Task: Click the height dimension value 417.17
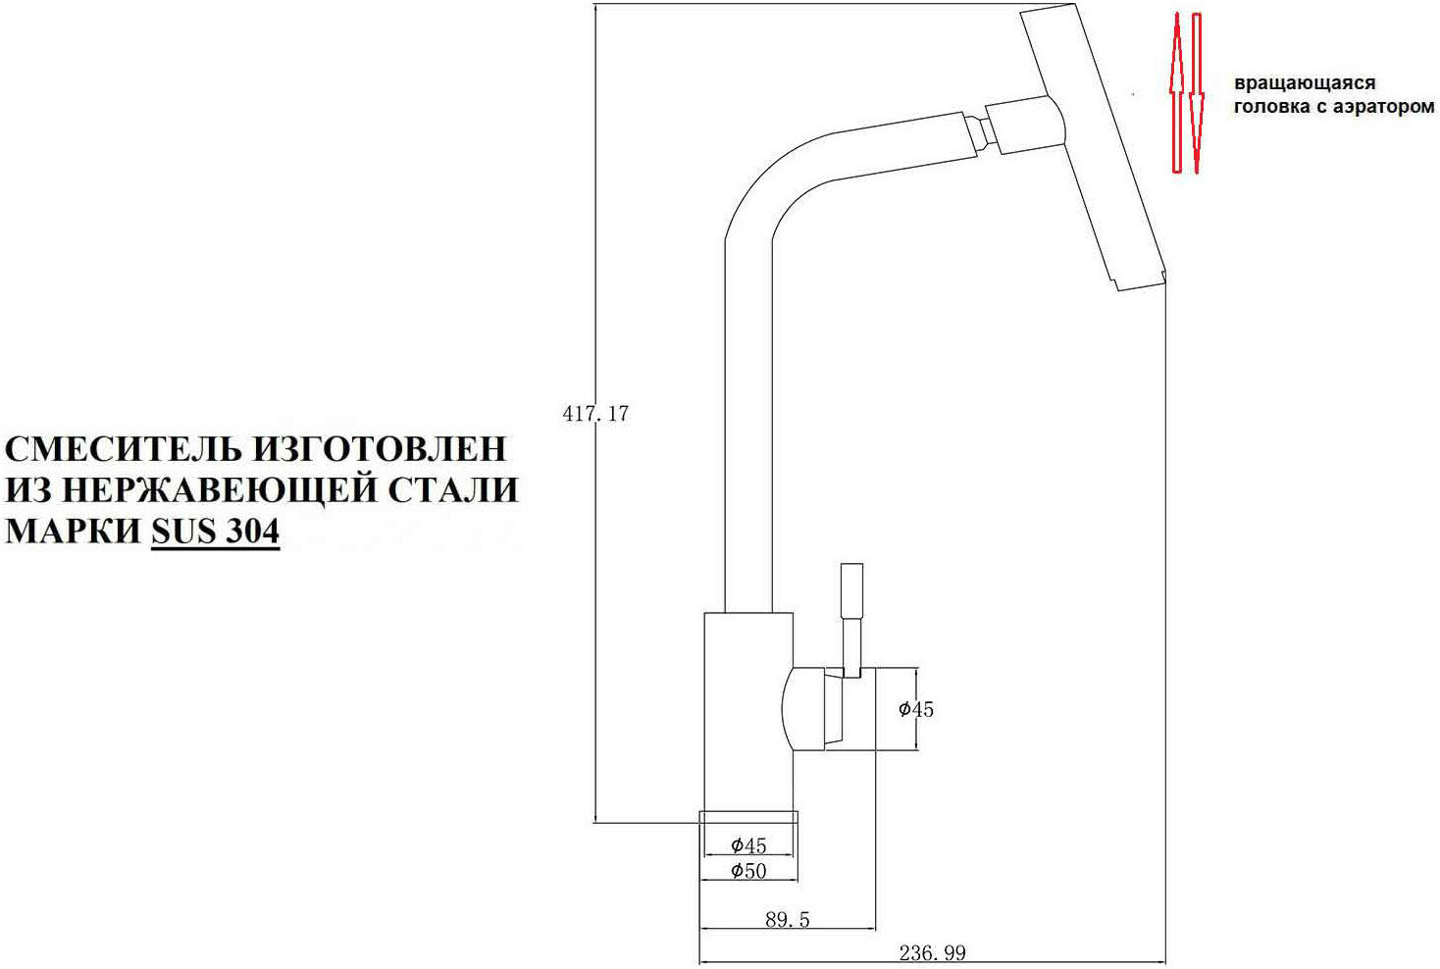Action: [x=595, y=414]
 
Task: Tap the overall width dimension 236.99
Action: [x=932, y=952]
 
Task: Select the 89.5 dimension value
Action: [x=787, y=920]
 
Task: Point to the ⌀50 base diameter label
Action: [x=748, y=870]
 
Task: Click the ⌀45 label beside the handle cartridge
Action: [x=916, y=709]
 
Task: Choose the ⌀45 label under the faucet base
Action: [x=748, y=845]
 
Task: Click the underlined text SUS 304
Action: [x=215, y=531]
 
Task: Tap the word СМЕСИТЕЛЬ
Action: [x=124, y=448]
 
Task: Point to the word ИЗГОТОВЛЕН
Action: [x=381, y=448]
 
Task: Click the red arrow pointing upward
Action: [x=1177, y=93]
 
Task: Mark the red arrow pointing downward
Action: [x=1197, y=93]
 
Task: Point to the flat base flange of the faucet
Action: [x=747, y=819]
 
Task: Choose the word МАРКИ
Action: [x=73, y=531]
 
